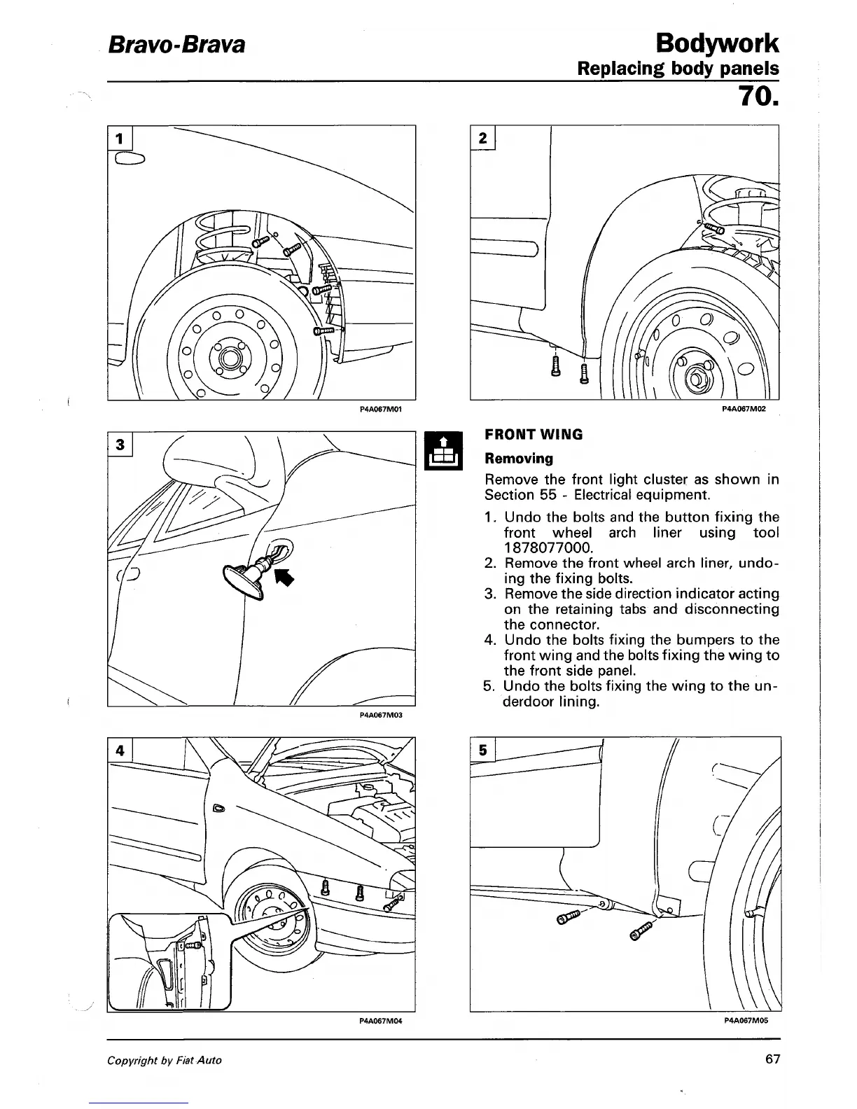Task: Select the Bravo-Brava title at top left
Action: click(x=176, y=46)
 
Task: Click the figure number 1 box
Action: click(x=119, y=137)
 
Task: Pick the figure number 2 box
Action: click(x=482, y=137)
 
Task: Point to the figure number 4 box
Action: click(x=120, y=750)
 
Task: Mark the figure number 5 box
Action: click(x=482, y=750)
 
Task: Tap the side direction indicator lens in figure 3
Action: click(x=242, y=576)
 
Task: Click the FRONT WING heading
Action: click(x=534, y=434)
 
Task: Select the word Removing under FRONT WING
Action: click(x=519, y=459)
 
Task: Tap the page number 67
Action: click(x=772, y=1059)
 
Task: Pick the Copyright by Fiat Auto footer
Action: click(x=164, y=1060)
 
